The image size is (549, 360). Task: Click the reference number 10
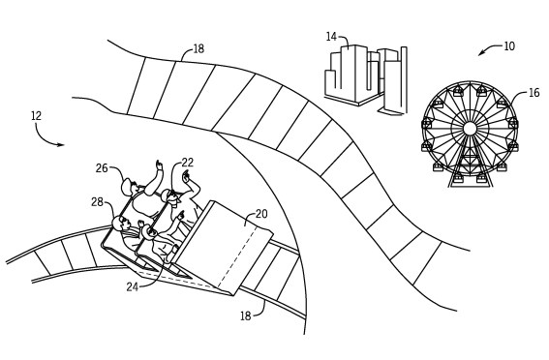click(x=508, y=45)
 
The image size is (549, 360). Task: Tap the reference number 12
click(x=37, y=115)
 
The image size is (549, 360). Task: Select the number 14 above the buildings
click(x=331, y=37)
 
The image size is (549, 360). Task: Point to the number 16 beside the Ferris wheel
click(x=534, y=95)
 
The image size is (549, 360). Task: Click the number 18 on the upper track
click(x=198, y=47)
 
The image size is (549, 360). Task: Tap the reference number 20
click(x=260, y=215)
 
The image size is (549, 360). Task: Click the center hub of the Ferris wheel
click(x=470, y=128)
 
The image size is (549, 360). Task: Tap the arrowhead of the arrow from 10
click(x=478, y=53)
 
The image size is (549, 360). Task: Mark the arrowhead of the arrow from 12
click(x=64, y=145)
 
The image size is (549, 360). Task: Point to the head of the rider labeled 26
click(x=130, y=185)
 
